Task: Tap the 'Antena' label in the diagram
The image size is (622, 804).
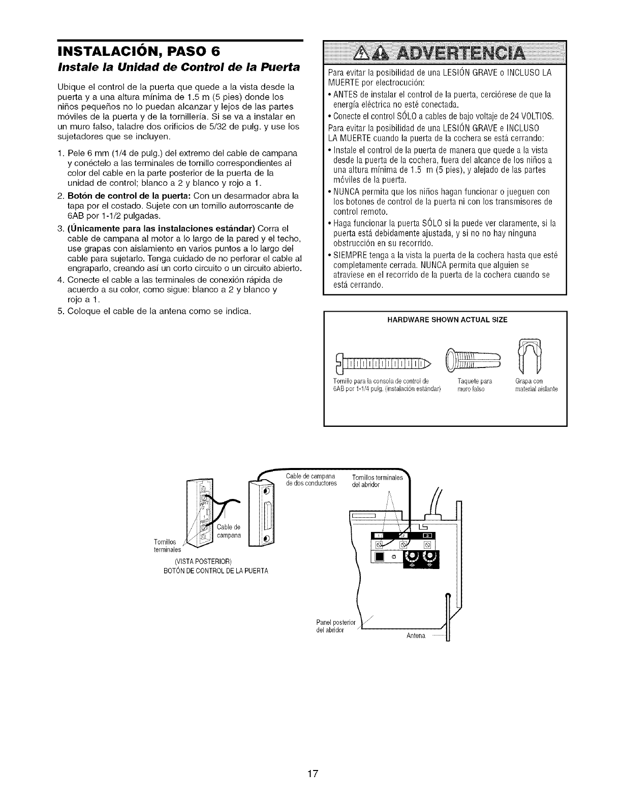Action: click(416, 636)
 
